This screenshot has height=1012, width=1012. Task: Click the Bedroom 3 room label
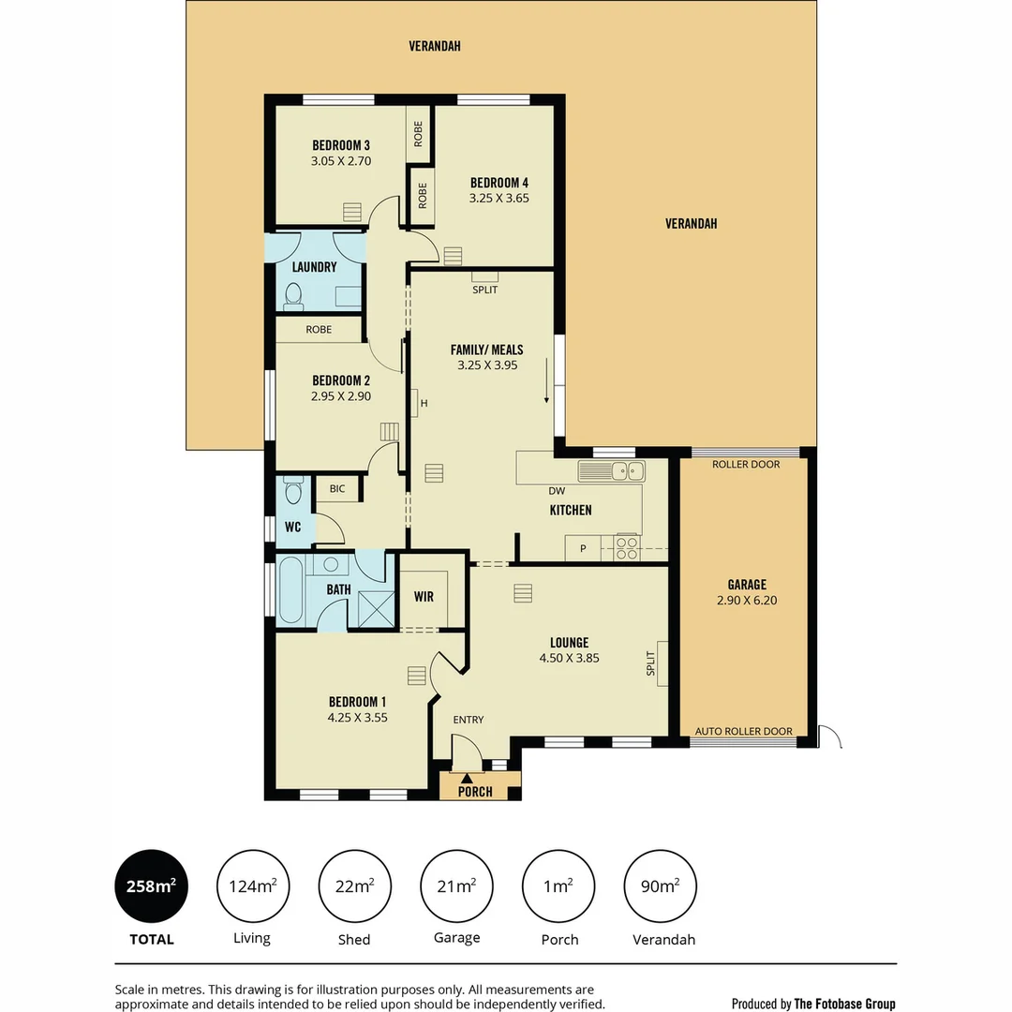341,145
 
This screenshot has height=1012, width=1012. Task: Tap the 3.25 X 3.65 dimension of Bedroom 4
499,198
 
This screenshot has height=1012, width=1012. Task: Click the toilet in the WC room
292,492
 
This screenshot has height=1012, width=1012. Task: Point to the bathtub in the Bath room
291,590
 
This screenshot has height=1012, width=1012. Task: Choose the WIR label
424,596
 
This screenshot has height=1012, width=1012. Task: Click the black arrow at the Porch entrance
467,777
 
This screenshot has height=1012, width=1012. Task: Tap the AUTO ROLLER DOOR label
744,732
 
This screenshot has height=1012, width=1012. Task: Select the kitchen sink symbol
611,470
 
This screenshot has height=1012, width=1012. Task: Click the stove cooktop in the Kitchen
626,547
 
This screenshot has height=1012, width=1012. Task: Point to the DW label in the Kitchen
556,491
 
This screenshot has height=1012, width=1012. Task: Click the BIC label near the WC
336,488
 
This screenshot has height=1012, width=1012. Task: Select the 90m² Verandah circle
661,885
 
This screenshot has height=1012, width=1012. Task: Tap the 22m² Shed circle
355,885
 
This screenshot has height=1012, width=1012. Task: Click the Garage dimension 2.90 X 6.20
747,600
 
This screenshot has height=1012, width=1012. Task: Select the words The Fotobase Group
844,1004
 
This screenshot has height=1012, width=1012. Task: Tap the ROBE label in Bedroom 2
319,330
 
